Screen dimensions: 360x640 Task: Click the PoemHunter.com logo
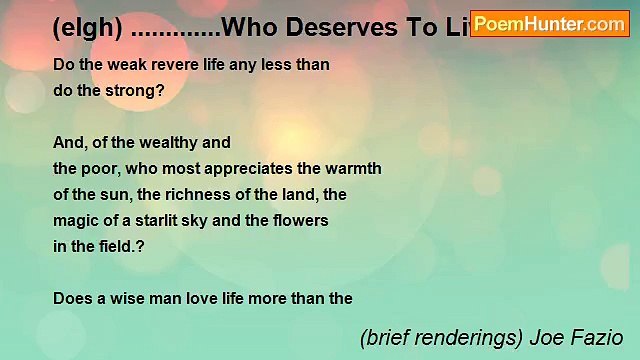pos(549,22)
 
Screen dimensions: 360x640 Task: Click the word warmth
pos(354,167)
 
